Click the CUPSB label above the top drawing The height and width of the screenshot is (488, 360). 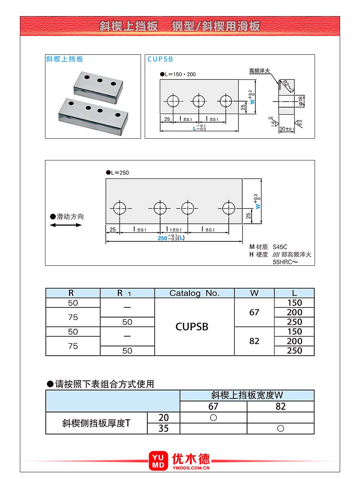[160, 59]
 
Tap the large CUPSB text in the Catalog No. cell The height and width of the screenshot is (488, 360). [192, 326]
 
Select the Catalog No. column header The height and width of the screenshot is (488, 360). [194, 293]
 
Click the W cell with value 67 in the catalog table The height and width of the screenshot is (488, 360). [254, 312]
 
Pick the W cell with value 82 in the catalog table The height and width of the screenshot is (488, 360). [254, 341]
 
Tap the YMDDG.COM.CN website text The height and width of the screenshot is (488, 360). [191, 468]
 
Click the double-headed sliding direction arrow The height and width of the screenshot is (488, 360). [66, 225]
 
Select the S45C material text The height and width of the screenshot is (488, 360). [280, 247]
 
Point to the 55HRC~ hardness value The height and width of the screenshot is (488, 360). [285, 262]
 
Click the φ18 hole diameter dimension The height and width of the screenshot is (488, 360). [301, 101]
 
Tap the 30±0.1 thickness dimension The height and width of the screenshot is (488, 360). [287, 129]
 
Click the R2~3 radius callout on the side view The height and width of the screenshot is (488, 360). [288, 86]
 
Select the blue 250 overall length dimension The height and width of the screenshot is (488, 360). [162, 238]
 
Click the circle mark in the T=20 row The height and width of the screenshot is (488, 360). [213, 418]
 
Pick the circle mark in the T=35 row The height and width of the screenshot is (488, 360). [280, 428]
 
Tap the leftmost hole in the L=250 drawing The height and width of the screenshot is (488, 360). [120, 208]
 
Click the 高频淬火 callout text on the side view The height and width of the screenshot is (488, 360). [259, 70]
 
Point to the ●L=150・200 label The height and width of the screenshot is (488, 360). [178, 74]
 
